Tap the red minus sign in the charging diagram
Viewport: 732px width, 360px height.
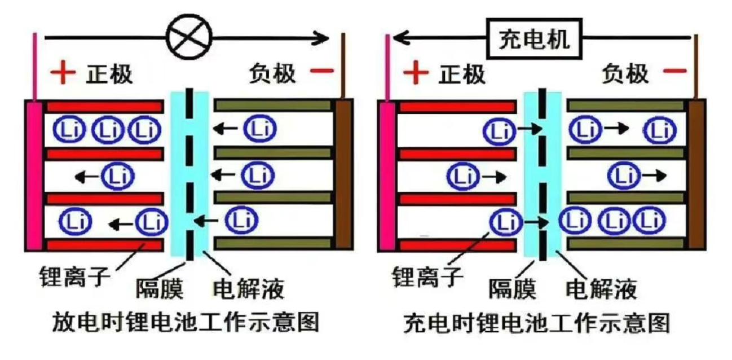[674, 72]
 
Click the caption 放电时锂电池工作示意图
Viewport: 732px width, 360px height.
[186, 323]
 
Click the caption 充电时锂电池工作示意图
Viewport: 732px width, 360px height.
[537, 323]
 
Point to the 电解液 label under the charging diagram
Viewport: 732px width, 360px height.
[601, 289]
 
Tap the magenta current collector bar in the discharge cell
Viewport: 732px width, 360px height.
[34, 175]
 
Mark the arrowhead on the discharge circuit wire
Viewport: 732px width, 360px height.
[323, 38]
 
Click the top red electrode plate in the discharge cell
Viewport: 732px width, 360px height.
[105, 106]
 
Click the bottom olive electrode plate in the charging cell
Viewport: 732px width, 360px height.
[626, 243]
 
